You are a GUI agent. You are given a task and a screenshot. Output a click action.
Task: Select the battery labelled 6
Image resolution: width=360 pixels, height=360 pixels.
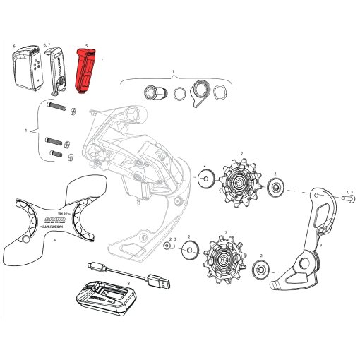pyautogui.click(x=28, y=68)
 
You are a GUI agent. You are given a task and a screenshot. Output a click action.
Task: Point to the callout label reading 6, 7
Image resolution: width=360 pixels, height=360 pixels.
pyautogui.click(x=47, y=44)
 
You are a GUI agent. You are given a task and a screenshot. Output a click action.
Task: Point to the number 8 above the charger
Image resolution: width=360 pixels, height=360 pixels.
pyautogui.click(x=128, y=282)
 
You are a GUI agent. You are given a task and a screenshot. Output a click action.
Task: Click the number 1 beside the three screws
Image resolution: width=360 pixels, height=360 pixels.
pyautogui.click(x=25, y=131)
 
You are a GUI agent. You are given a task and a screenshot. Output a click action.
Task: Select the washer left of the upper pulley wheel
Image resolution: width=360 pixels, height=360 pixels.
pyautogui.click(x=204, y=179)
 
